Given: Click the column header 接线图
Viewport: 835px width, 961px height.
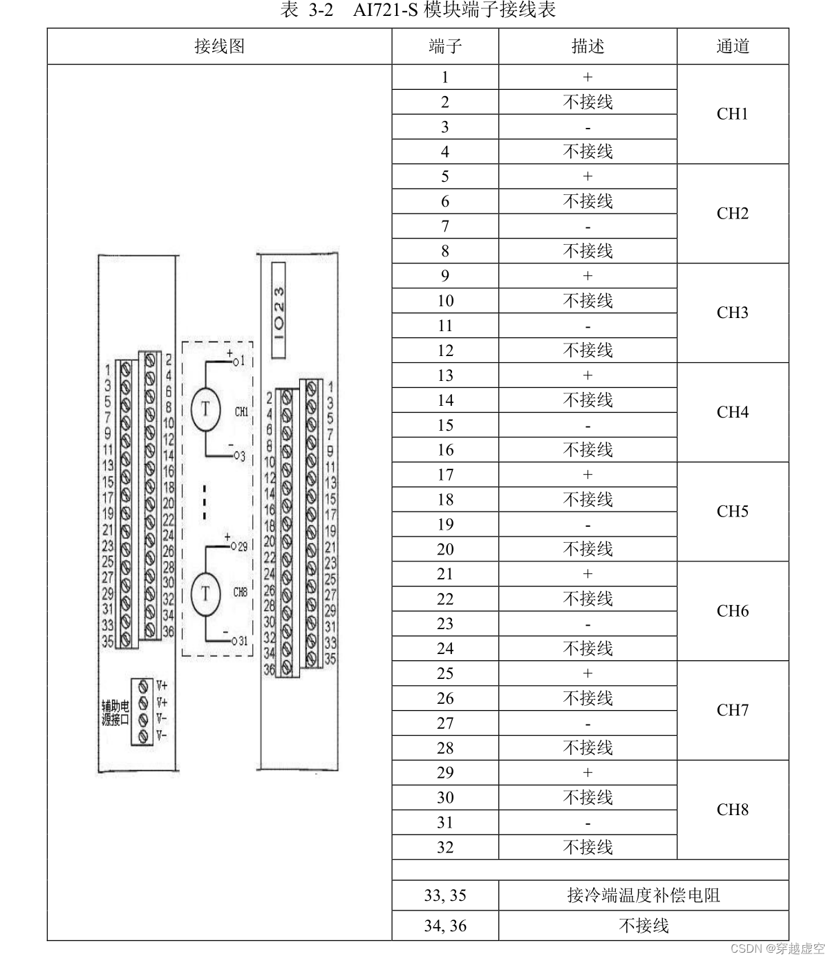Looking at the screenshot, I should pyautogui.click(x=219, y=46).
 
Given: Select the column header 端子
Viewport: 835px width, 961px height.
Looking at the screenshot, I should pyautogui.click(x=445, y=46).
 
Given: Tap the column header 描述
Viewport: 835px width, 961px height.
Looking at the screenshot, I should pyautogui.click(x=588, y=46).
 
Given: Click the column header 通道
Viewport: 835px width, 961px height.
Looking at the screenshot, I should pyautogui.click(x=733, y=46).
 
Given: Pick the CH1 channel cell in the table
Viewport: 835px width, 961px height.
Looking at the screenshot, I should pyautogui.click(x=733, y=114).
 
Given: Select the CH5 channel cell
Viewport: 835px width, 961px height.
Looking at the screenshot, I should pyautogui.click(x=733, y=512).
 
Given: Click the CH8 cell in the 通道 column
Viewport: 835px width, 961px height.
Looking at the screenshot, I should pyautogui.click(x=733, y=810).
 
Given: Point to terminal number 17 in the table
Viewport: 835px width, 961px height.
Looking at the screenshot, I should pyautogui.click(x=445, y=475).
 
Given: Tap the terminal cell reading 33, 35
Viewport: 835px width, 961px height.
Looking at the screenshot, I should pyautogui.click(x=445, y=895).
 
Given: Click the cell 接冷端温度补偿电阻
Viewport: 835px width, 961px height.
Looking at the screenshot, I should pyautogui.click(x=644, y=895).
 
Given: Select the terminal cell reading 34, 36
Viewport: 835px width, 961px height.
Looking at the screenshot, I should pyautogui.click(x=445, y=926).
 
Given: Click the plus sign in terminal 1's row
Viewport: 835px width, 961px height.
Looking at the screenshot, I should pyautogui.click(x=588, y=77).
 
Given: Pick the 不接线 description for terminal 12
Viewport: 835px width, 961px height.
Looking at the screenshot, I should pyautogui.click(x=588, y=351).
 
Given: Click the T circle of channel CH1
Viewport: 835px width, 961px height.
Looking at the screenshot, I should pyautogui.click(x=205, y=409).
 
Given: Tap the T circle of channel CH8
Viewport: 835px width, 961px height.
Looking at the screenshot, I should pyautogui.click(x=205, y=593).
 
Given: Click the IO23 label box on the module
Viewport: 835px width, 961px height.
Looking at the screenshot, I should pyautogui.click(x=279, y=310).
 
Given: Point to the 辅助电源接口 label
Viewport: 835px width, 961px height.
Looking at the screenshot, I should pyautogui.click(x=115, y=713).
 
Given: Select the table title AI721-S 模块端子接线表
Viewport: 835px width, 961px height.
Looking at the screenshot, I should pyautogui.click(x=417, y=10).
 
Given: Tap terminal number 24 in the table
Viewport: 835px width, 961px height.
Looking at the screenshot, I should pyautogui.click(x=445, y=649).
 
